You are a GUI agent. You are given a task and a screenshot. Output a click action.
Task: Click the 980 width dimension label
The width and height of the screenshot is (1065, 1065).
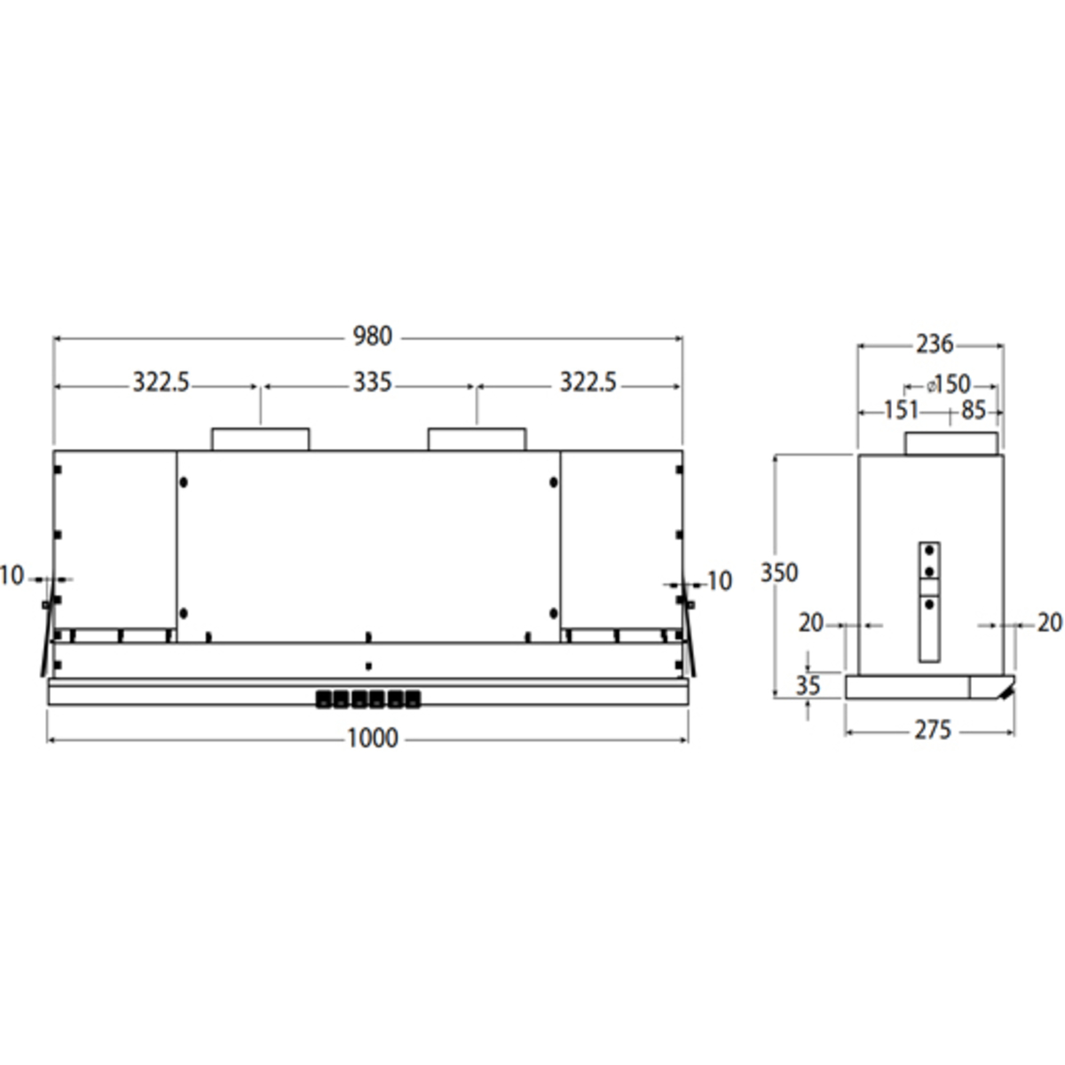click(372, 337)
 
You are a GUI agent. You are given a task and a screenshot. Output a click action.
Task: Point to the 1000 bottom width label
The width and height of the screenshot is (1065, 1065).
click(372, 738)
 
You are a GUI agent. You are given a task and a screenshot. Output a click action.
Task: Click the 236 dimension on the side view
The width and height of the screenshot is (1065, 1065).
click(934, 343)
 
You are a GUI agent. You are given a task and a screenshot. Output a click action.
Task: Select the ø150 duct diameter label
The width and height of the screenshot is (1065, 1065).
click(948, 384)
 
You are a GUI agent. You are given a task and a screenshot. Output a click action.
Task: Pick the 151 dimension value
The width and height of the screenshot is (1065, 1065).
click(900, 410)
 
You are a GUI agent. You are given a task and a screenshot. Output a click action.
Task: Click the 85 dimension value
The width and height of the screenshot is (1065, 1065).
click(973, 410)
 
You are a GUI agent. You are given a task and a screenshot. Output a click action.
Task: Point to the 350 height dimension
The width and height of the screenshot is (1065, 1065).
click(778, 573)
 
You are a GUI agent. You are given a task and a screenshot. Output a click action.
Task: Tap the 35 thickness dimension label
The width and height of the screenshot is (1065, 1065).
click(807, 685)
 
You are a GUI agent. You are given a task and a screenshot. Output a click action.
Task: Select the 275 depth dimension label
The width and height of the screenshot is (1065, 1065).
click(932, 730)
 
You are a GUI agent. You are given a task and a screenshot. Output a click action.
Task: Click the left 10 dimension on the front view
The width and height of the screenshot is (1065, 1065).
click(12, 576)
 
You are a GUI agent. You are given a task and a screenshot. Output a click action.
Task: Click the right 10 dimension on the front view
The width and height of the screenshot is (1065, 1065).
click(719, 581)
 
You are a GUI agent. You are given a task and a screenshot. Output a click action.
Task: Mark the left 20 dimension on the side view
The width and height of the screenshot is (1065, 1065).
click(810, 623)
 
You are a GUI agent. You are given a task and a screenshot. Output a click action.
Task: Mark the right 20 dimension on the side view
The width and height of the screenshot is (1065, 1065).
click(1049, 623)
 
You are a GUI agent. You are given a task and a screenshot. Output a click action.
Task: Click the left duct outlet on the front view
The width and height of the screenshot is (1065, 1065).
click(260, 439)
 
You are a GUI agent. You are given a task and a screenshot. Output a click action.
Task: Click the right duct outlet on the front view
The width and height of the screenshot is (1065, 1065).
click(477, 439)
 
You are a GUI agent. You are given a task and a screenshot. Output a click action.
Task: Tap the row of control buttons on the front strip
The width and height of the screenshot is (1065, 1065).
click(367, 699)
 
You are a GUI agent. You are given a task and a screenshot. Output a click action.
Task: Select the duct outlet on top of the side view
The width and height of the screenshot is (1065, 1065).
click(951, 444)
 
